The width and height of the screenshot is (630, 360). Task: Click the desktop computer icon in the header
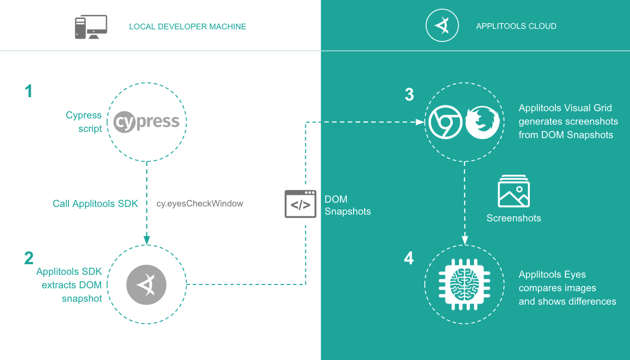point(91,27)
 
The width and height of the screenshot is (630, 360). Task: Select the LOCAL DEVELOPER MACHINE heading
point(187,27)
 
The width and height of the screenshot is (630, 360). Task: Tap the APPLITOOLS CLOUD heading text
point(516,26)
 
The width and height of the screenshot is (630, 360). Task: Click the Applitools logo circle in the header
point(441,26)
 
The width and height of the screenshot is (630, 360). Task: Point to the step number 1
point(29,91)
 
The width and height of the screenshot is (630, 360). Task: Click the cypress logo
point(146,122)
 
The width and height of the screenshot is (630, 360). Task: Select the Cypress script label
point(84,122)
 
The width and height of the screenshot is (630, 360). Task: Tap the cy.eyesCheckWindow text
point(200,204)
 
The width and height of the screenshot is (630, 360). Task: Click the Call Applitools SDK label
point(95,204)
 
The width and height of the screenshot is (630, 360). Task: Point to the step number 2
point(29,258)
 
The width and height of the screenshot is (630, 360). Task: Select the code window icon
point(301,204)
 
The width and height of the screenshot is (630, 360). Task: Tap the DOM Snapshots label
point(347,205)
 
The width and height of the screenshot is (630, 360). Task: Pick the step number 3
point(409,95)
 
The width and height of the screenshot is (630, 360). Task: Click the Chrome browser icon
point(445,122)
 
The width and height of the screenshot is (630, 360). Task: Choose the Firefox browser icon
point(482,122)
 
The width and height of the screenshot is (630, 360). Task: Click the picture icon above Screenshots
point(513,192)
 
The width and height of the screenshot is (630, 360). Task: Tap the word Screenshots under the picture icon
point(513,218)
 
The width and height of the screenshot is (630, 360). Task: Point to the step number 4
point(409,258)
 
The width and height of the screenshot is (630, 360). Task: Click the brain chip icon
point(464,284)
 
